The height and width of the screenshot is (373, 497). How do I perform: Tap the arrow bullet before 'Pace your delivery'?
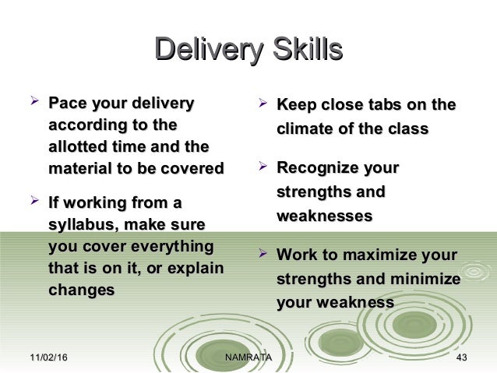pyautogui.click(x=33, y=102)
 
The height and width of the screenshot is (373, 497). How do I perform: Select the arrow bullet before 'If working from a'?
pyautogui.click(x=33, y=202)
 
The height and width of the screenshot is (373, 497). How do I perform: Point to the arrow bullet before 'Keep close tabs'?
pyautogui.click(x=263, y=104)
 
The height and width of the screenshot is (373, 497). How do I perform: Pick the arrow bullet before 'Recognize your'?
pyautogui.click(x=263, y=167)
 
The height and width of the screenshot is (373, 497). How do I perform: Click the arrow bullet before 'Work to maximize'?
pyautogui.click(x=263, y=254)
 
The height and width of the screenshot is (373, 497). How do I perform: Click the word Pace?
pyautogui.click(x=67, y=104)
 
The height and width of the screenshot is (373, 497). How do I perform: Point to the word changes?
pyautogui.click(x=82, y=290)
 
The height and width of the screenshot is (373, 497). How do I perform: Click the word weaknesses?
pyautogui.click(x=324, y=216)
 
